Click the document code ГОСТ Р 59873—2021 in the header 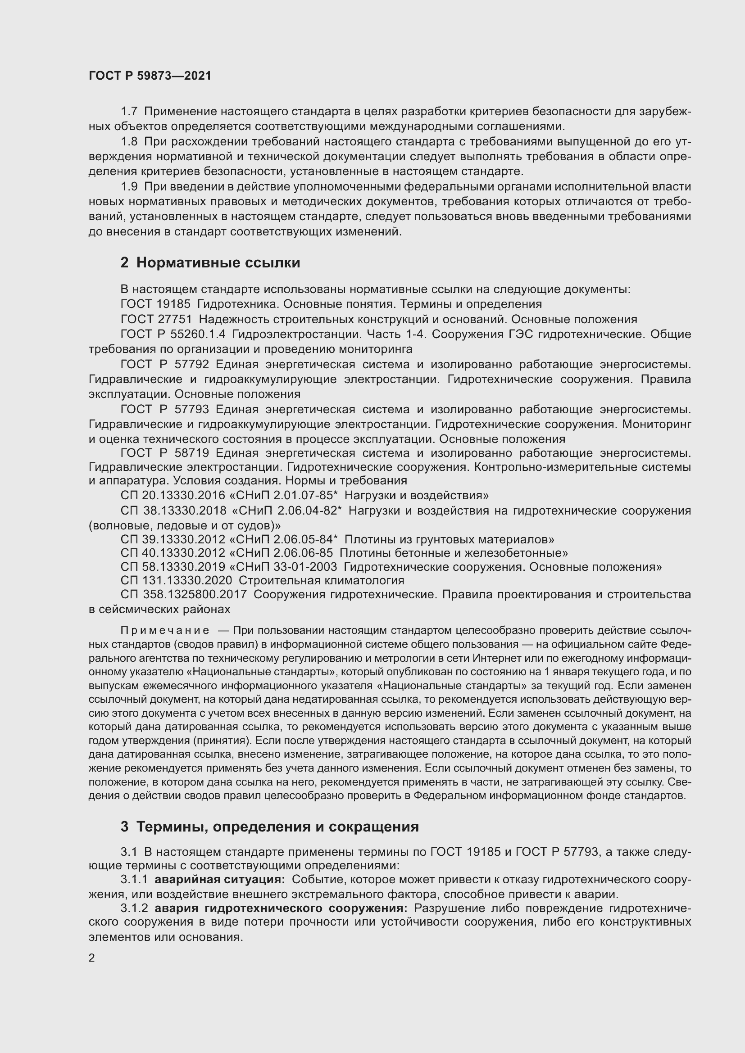pos(150,76)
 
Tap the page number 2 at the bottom pos(92,958)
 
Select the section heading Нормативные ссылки pos(218,262)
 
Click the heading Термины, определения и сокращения pos(277,827)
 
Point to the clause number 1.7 pos(129,112)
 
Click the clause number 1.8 pos(129,142)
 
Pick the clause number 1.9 pos(129,187)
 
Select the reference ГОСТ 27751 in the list pos(156,319)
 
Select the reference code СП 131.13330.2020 pos(176,581)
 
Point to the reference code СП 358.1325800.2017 pos(183,595)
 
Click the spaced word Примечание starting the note pos(165,631)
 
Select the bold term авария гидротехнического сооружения pos(281,908)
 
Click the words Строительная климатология pos(321,581)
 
